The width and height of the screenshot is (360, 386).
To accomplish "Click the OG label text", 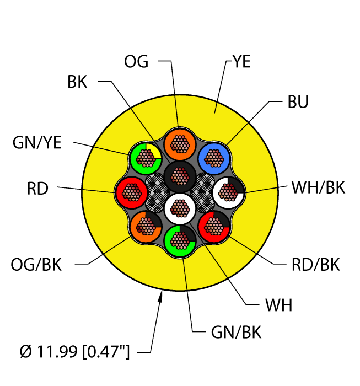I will click(136, 61).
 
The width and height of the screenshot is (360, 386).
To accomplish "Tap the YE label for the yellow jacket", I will click(241, 62).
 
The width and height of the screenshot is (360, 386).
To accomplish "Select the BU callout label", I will click(298, 103).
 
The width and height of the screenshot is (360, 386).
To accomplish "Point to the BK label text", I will click(77, 82).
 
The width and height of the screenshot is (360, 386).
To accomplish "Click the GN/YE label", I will click(37, 143).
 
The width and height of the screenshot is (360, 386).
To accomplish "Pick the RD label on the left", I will click(37, 189).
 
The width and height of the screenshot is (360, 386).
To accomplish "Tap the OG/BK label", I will click(36, 265).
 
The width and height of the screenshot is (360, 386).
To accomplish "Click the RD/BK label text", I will click(315, 265).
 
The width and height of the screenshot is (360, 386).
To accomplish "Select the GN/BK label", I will click(236, 333).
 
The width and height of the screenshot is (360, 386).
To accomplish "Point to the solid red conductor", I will click(131, 192).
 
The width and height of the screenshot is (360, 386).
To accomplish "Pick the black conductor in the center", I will click(178, 176).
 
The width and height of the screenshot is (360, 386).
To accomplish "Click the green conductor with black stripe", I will click(180, 239).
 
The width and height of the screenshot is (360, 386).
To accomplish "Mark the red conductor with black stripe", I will click(213, 225).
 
